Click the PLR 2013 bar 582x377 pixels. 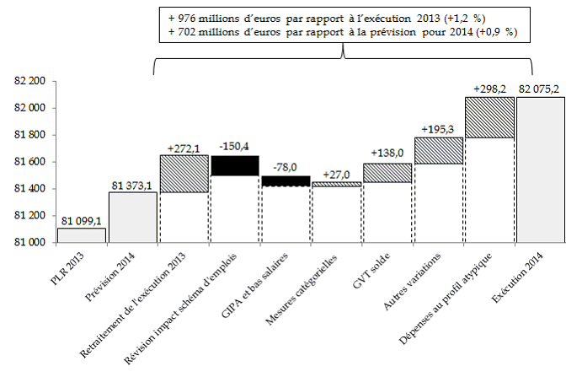coord(82,235)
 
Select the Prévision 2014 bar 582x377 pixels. coord(133,218)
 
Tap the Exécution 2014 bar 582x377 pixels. coord(541,170)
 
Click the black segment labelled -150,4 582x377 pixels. coord(235,165)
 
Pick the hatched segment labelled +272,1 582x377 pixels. coord(184,174)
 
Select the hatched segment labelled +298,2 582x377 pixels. coord(489,117)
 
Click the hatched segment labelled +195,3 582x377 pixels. coord(439,150)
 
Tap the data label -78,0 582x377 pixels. coord(286,167)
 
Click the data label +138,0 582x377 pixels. coord(387,154)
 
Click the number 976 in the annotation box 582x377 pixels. coord(187,16)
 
